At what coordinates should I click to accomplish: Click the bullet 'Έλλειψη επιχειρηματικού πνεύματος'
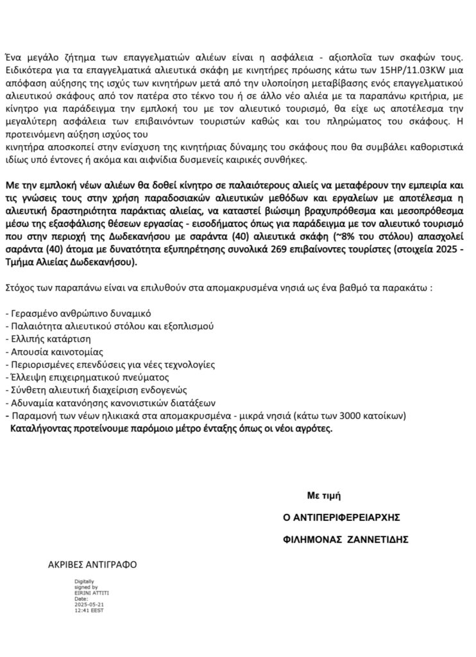click(x=76, y=378)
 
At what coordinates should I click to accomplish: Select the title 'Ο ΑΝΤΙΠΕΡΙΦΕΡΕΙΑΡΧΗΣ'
click(x=338, y=517)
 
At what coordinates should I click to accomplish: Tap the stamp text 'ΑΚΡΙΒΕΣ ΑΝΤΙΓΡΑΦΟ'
click(x=92, y=565)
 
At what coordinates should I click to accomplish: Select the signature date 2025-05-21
click(x=89, y=603)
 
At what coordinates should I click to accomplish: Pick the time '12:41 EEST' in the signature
click(x=89, y=609)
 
